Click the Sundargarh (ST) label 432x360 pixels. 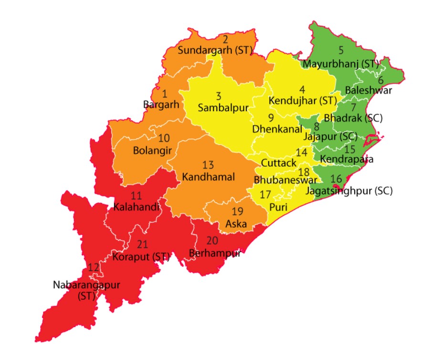tap(215, 51)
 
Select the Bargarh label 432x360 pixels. tap(161, 104)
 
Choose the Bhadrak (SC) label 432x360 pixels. tap(353, 117)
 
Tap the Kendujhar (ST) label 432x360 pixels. tap(303, 101)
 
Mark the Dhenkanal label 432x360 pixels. tap(277, 129)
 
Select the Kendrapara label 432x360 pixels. tap(347, 159)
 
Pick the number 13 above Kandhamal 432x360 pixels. tap(208, 165)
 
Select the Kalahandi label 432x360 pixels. tap(136, 207)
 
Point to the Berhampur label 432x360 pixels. tap(214, 253)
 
